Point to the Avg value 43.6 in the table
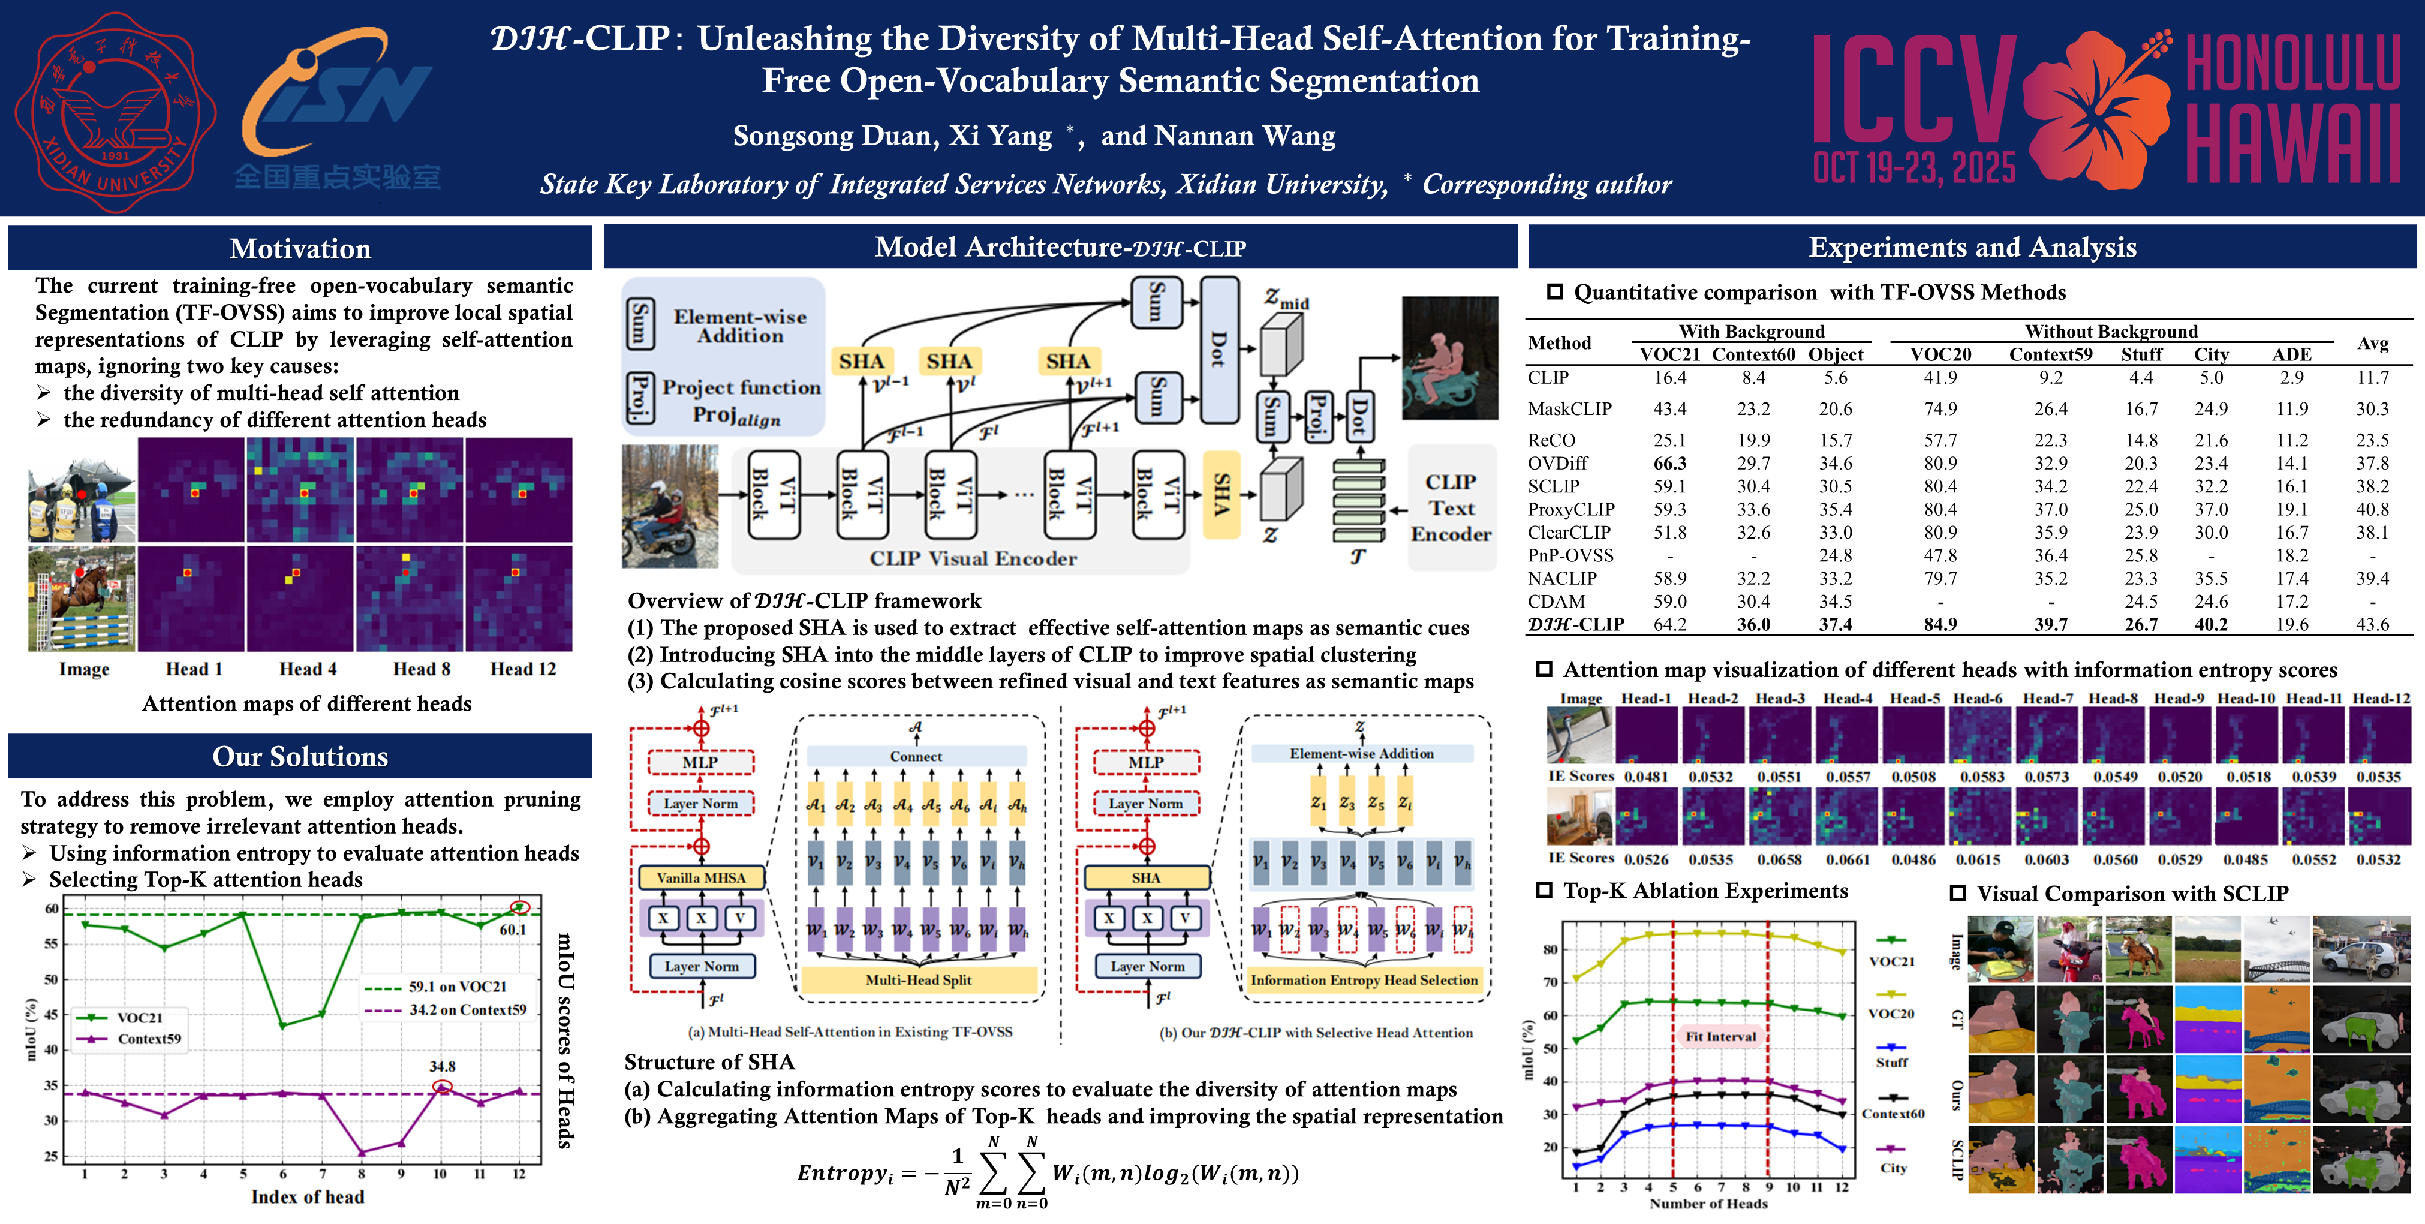point(2372,624)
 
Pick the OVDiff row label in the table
point(1557,463)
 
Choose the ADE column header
point(2291,355)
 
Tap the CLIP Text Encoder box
point(1451,507)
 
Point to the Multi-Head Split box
point(918,980)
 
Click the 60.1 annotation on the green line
point(513,930)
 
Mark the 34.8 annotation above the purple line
point(443,1067)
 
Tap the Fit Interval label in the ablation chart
point(1721,1037)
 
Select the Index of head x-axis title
point(307,1196)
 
